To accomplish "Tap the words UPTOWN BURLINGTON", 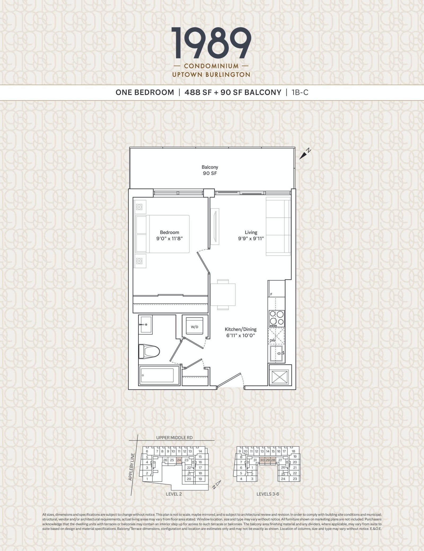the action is coord(211,75).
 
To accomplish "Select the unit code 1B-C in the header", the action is coord(300,92).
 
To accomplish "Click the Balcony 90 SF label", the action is coord(210,170).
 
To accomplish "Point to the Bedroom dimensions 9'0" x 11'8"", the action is coord(170,238).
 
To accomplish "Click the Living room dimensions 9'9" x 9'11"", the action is coord(251,238).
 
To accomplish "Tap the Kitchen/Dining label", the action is coord(241,329).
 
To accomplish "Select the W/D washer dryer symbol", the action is coord(195,327).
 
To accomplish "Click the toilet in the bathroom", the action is coord(149,352).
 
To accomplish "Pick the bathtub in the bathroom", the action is coord(157,375).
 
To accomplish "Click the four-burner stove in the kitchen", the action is coord(277,318).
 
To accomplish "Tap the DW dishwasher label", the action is coord(273,340).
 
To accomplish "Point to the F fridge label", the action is coord(271,294).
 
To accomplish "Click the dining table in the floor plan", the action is coord(223,294).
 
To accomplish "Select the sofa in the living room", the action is coord(278,226).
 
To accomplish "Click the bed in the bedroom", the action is coord(162,234).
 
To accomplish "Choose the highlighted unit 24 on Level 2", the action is coord(179,460).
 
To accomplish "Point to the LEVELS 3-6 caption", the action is coord(268,494).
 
